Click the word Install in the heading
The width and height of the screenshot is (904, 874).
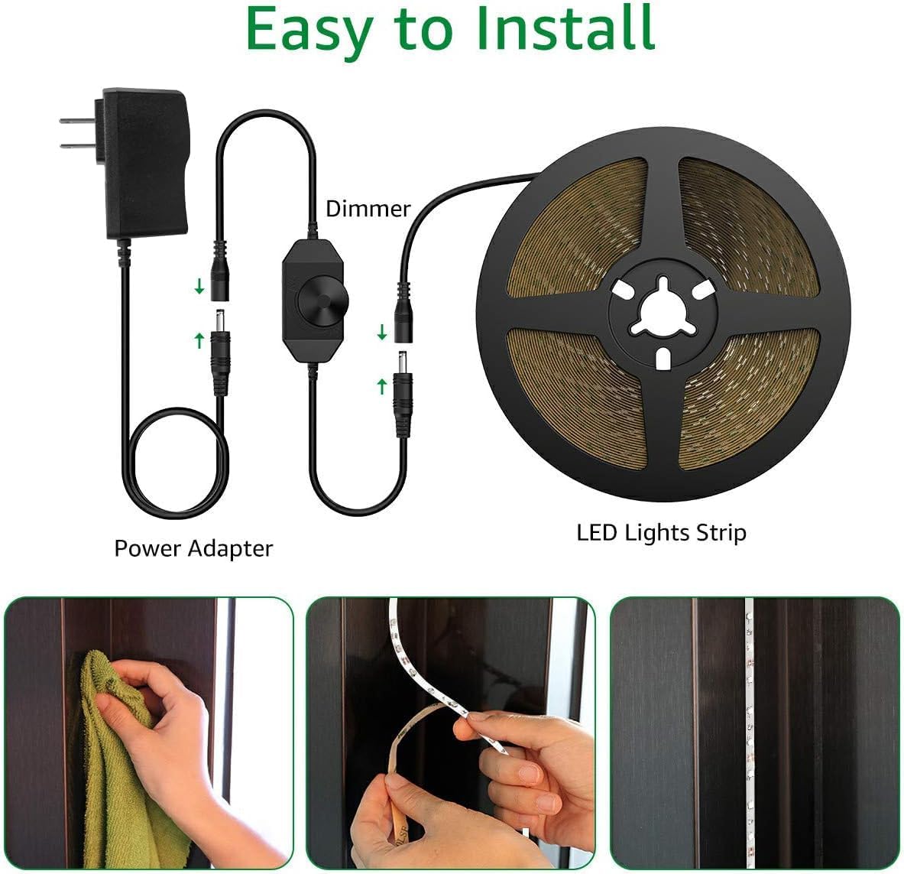(x=564, y=29)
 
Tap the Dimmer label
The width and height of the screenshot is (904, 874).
(x=368, y=209)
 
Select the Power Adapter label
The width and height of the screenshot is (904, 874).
(x=193, y=548)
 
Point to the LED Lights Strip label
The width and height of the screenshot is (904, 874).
(x=661, y=532)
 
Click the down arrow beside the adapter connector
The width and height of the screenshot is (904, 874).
(x=199, y=287)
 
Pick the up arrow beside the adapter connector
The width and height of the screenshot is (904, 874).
(x=199, y=339)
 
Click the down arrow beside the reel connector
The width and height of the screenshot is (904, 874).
(x=382, y=333)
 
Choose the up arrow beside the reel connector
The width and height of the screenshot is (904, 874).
(x=382, y=386)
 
